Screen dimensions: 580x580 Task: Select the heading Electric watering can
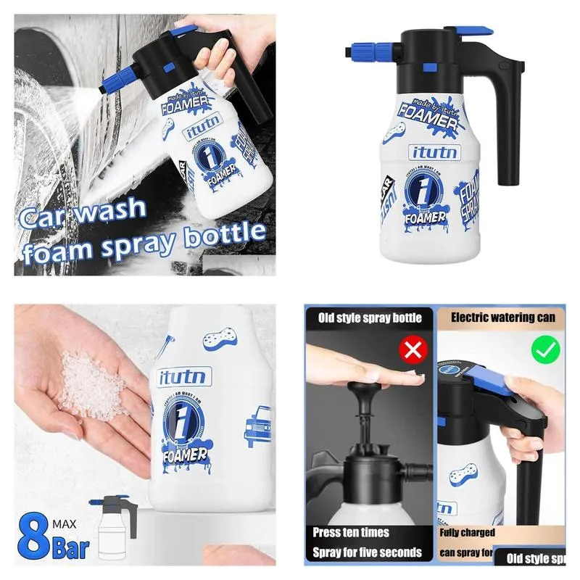[503, 318]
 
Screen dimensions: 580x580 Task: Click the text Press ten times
[351, 533]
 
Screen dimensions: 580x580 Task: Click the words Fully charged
[468, 533]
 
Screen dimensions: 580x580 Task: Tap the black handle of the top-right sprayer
[508, 130]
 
